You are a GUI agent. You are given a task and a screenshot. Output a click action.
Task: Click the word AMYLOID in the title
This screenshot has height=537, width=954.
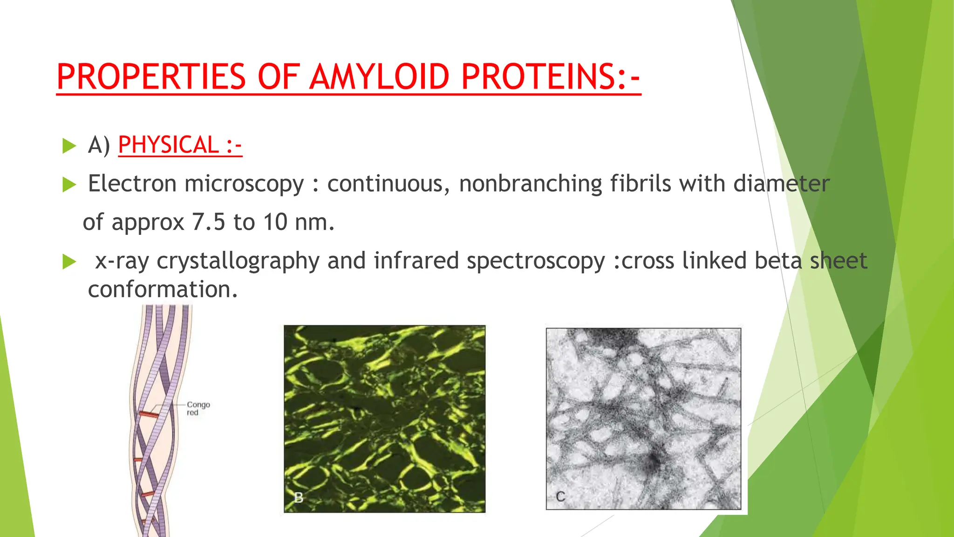tap(380, 77)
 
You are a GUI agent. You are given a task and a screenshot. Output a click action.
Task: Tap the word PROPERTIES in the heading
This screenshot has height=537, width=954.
tap(151, 77)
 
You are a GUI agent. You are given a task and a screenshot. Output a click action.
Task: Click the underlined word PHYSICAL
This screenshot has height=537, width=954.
tap(168, 145)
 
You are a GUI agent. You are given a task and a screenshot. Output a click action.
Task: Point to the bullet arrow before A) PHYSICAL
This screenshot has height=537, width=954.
tap(69, 146)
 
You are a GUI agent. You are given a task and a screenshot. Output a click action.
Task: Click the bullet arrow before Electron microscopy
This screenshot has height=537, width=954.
tap(69, 185)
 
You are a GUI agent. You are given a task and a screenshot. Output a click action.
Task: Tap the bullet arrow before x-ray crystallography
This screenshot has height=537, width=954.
tap(69, 262)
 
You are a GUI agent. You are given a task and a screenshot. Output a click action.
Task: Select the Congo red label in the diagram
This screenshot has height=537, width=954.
tap(198, 408)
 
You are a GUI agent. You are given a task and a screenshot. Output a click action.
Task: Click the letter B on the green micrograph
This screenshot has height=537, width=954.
tap(299, 497)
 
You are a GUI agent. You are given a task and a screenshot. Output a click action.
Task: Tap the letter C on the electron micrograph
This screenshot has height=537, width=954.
tap(560, 496)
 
